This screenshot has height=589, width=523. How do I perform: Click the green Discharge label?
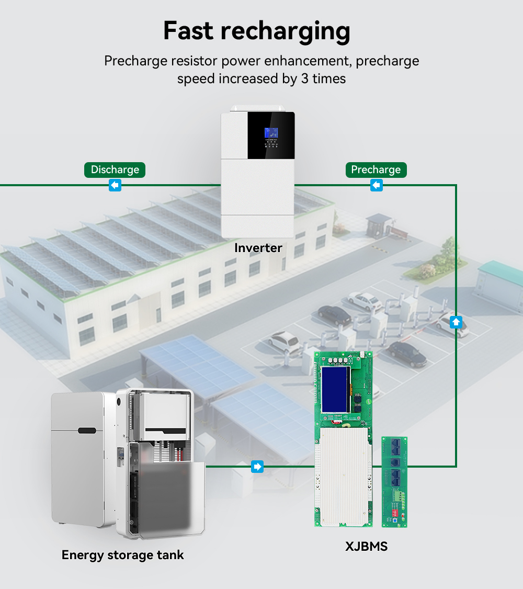point(115,170)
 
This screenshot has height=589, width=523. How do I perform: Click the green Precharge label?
point(376,170)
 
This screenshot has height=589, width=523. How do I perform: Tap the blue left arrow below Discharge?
point(115,185)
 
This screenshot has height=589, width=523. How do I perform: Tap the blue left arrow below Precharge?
point(376,185)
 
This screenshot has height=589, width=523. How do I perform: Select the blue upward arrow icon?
point(456,322)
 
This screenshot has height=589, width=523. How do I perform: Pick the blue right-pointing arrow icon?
point(257,467)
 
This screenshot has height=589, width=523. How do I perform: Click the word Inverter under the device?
point(258,248)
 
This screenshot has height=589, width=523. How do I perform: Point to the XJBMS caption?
point(366,546)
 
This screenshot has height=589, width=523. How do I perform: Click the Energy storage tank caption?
point(123,555)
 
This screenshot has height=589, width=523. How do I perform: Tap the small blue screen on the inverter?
point(271,132)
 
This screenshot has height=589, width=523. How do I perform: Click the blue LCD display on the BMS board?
point(335,390)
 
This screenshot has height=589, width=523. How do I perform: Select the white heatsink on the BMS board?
point(344,477)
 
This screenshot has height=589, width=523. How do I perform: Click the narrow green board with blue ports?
point(394,482)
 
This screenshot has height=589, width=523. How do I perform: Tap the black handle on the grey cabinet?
point(87,431)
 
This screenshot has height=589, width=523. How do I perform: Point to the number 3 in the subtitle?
point(304,79)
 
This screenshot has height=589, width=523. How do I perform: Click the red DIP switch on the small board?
point(395,513)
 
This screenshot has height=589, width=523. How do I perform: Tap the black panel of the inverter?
point(271,135)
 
